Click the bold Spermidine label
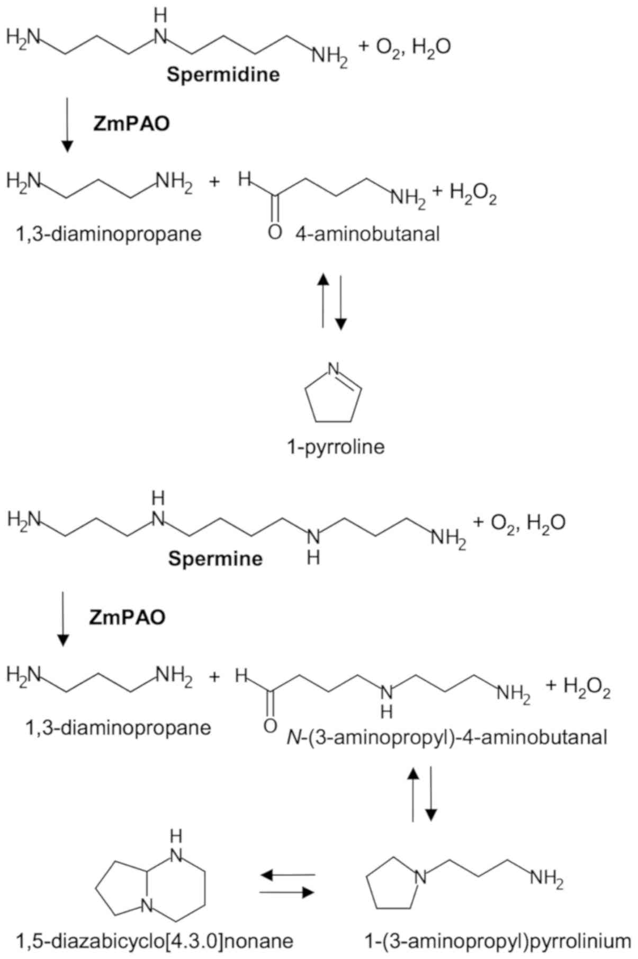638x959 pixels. click(x=223, y=74)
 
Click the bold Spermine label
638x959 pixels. click(x=215, y=559)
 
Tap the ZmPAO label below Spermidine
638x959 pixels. click(x=131, y=124)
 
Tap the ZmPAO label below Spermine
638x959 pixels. click(x=127, y=617)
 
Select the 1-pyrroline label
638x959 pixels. click(x=336, y=447)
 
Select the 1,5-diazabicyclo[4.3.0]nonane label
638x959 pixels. click(x=155, y=941)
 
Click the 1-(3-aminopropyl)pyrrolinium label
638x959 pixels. click(x=497, y=941)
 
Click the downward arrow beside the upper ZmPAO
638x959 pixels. click(x=67, y=125)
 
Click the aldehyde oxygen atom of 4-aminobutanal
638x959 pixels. click(x=274, y=232)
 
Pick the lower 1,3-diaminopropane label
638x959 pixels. click(x=119, y=728)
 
